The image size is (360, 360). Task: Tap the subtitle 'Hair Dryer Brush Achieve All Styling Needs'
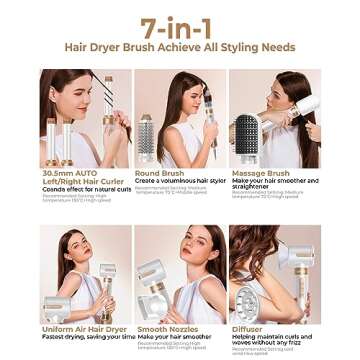pos(180,49)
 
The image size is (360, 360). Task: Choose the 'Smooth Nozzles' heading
pos(165,327)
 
